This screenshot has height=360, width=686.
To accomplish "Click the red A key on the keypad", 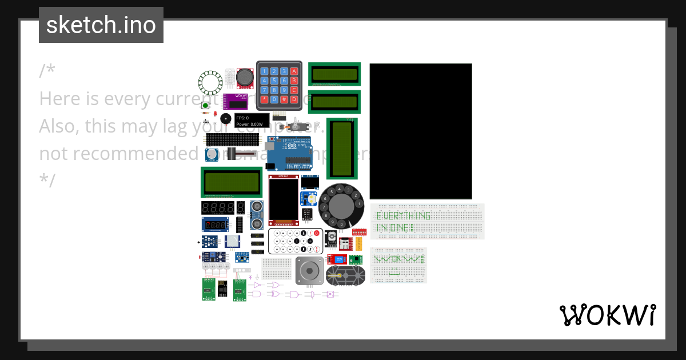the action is [294, 71].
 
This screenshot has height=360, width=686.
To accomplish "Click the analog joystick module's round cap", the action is [245, 76].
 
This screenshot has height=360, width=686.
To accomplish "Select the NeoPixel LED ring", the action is [210, 83].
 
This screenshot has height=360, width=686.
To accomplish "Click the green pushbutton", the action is [205, 105].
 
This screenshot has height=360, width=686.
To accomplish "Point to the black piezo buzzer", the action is [226, 118].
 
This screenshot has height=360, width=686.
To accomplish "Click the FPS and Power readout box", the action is [251, 121].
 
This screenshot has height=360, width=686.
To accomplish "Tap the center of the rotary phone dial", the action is [341, 206].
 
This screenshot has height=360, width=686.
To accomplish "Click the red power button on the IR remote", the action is [316, 234].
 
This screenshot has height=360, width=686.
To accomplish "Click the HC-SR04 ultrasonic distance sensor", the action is [257, 214].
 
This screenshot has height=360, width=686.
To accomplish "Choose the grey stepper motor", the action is [309, 270].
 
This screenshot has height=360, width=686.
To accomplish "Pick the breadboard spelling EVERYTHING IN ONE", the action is [427, 221].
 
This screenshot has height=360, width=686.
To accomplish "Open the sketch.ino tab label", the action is [101, 25].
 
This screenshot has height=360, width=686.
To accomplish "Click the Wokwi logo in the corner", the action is [608, 315].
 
